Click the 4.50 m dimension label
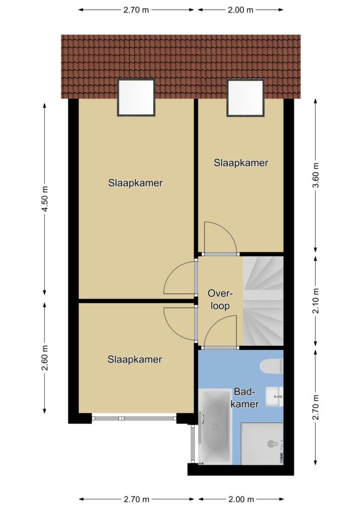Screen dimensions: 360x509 [x=45, y=199]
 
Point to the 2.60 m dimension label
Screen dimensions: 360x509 [x=45, y=358]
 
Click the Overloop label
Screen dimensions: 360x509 [x=220, y=299]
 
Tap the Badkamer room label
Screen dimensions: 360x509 [x=246, y=398]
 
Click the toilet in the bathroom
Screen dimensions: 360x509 [x=271, y=366]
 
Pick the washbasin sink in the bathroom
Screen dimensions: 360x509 [x=274, y=397]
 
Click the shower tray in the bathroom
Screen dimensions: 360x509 [x=262, y=443]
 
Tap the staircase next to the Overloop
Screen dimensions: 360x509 [x=263, y=301]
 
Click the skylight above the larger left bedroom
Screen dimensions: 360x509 [x=136, y=97]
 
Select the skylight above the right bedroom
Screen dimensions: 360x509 [x=246, y=98]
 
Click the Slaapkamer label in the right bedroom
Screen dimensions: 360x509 [x=241, y=163]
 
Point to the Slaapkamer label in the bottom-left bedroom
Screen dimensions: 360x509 [x=135, y=359]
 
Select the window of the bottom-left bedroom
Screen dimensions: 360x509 [x=134, y=418]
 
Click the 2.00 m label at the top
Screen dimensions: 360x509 [x=240, y=10]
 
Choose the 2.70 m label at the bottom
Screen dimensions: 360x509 [x=136, y=499]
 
